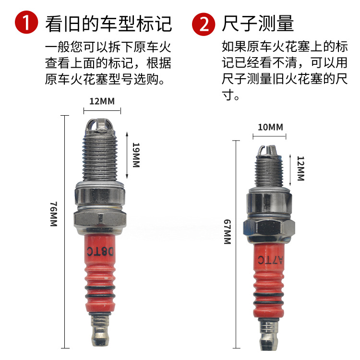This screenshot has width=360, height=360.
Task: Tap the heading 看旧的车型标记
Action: coord(108,23)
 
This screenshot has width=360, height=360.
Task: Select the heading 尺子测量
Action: coord(258,23)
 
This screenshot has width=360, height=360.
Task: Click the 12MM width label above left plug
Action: coord(102,101)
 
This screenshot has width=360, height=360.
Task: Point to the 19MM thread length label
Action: coord(135,155)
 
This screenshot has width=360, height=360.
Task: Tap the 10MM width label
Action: coord(270,127)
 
